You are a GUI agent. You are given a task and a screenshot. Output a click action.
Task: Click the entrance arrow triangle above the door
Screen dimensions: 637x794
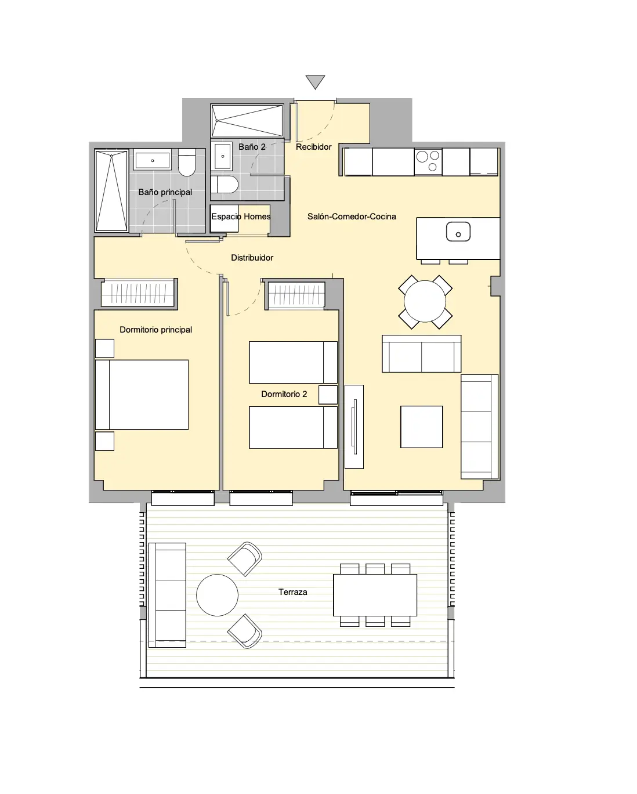coord(315,81)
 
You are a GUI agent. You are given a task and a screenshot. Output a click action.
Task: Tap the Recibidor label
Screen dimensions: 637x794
coord(313,147)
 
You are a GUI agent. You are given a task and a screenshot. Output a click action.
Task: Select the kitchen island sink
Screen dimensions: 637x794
coord(458,232)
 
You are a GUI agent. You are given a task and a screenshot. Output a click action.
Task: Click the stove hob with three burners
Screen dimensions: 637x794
coord(428,161)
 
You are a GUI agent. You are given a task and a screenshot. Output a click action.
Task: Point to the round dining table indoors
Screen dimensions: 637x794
coord(425,301)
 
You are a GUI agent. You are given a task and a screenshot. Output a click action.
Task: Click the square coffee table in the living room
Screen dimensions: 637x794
coord(421,427)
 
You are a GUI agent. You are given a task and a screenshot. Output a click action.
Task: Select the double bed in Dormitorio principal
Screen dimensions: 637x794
coord(142,395)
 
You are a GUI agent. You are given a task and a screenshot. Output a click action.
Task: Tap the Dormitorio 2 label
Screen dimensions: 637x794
coord(284,394)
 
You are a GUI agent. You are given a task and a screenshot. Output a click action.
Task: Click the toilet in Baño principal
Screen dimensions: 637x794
coord(187,163)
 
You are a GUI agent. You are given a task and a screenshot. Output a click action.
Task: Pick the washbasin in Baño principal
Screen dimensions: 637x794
coord(153,160)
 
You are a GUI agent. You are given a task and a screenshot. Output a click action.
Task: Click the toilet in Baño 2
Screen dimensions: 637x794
coord(225,184)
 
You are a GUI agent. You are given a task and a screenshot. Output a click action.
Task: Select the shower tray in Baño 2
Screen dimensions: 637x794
coord(247,121)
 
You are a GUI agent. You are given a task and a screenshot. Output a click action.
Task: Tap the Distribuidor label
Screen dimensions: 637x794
coord(252,258)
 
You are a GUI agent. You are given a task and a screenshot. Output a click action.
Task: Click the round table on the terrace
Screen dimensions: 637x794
coord(217,595)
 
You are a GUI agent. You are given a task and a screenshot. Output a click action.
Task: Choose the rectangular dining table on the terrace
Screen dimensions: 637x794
coord(375,595)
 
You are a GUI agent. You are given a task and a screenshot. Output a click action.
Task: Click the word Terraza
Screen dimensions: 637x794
coord(292,592)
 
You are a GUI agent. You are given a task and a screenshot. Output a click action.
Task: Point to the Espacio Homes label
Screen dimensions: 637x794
coord(241,216)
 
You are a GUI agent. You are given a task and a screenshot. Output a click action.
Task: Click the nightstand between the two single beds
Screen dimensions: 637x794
coord(328,395)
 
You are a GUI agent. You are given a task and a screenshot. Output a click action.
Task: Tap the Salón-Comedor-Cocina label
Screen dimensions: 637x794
coord(352,216)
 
